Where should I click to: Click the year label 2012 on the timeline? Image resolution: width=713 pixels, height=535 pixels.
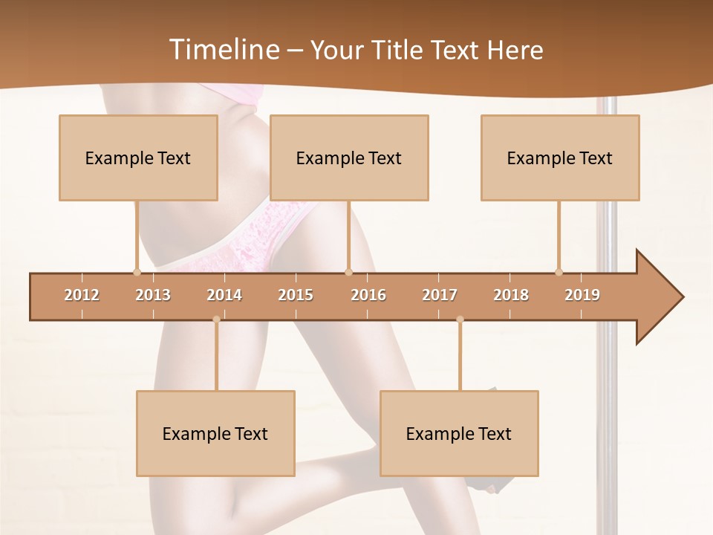82,295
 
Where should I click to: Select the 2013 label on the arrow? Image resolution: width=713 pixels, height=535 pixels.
153,295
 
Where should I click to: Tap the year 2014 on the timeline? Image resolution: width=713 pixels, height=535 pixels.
224,295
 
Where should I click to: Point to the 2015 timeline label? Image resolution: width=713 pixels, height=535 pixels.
296,295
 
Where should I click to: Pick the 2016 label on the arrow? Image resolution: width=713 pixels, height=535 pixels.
368,295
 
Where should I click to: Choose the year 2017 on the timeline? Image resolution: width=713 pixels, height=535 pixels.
440,295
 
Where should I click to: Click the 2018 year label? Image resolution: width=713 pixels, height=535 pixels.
511,295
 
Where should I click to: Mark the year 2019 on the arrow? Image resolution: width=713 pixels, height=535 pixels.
582,295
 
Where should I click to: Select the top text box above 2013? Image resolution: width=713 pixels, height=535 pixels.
138,158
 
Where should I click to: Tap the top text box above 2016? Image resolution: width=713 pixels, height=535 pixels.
349,158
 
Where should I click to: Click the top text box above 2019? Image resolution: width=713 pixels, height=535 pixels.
560,158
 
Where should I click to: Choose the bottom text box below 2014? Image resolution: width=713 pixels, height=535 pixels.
215,433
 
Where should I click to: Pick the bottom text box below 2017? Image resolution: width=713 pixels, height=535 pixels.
459,433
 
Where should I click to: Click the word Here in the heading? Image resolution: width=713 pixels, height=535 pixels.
515,50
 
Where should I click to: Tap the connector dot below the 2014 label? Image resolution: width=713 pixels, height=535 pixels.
216,319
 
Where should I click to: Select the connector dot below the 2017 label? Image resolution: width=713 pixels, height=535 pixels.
460,319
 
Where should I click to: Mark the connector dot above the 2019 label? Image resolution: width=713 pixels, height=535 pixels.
559,272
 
